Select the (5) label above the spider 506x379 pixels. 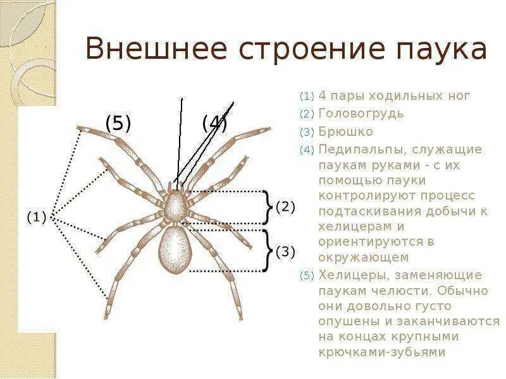tap(118, 123)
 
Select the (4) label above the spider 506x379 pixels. tap(215, 123)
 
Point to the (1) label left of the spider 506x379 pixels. tap(36, 218)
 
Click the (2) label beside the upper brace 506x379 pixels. tap(285, 207)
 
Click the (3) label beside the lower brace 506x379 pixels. tap(285, 252)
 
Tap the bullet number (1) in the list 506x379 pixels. tap(307, 97)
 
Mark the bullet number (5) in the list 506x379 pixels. tap(307, 276)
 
